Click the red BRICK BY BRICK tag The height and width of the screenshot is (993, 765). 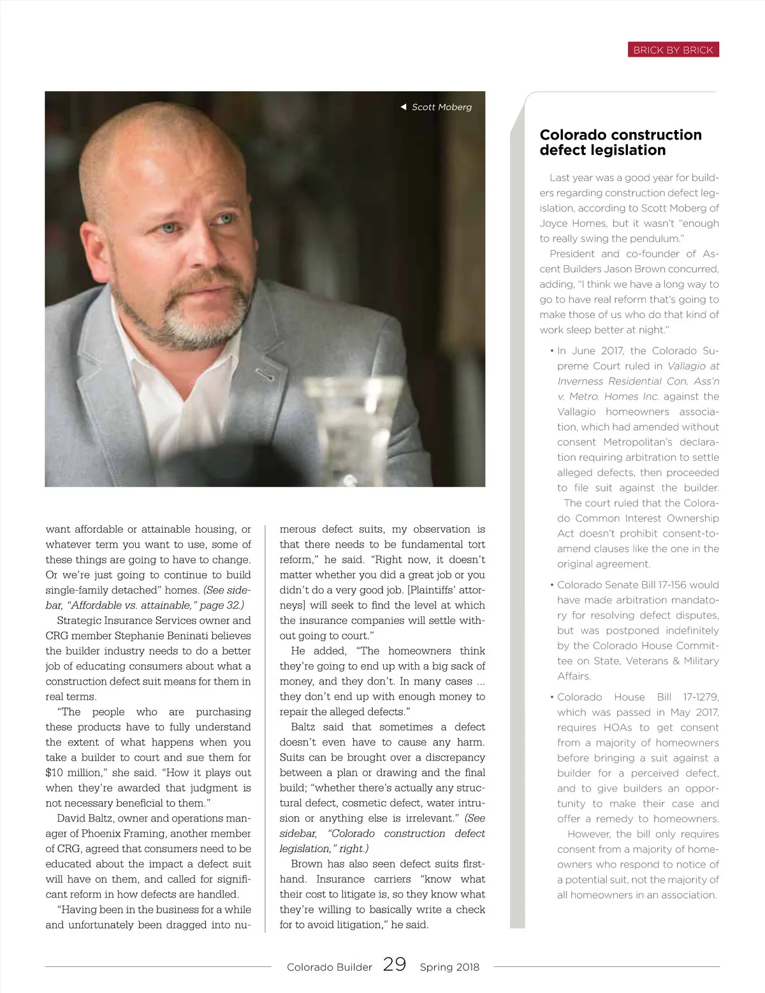[673, 50]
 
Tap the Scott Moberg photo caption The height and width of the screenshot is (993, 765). [441, 107]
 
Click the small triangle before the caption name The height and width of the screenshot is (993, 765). [403, 107]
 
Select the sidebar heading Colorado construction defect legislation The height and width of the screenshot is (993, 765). [620, 143]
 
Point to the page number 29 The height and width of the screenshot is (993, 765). [395, 964]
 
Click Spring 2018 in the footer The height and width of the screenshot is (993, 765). [449, 967]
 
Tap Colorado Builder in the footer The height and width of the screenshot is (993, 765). [329, 967]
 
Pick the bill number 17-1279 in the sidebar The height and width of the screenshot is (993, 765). [701, 697]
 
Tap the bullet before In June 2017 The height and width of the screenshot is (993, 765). [551, 351]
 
